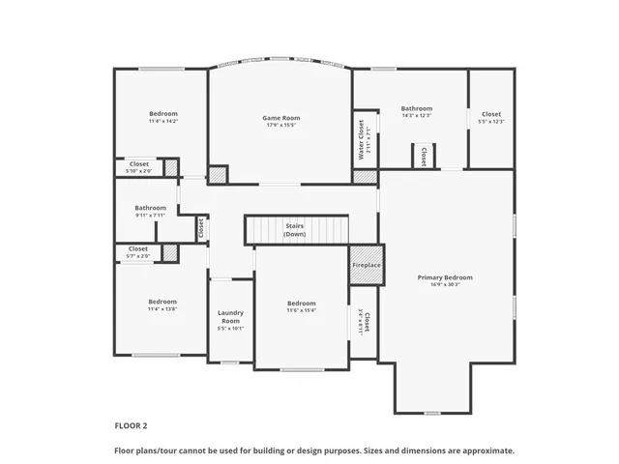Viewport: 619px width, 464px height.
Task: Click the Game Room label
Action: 279,118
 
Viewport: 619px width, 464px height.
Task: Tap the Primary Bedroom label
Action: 445,277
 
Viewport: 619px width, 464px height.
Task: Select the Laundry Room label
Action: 231,316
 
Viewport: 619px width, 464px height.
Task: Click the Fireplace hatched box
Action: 366,265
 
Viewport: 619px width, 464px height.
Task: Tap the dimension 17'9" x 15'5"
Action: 279,126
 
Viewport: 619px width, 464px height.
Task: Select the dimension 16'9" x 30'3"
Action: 445,285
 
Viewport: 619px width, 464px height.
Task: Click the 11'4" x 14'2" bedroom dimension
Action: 162,122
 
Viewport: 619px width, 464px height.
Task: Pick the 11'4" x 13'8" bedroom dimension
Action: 162,309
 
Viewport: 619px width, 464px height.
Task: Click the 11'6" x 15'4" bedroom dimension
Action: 301,310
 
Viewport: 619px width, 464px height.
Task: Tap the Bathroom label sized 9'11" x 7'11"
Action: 150,207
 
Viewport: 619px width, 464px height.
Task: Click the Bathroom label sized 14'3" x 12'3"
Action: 417,108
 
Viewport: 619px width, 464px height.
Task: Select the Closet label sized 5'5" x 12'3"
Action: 491,114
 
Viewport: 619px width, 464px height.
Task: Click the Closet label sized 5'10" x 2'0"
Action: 139,163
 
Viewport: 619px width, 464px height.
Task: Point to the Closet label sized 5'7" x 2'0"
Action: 139,248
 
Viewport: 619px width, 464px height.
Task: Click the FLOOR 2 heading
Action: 131,425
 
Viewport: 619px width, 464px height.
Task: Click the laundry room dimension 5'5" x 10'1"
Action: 231,329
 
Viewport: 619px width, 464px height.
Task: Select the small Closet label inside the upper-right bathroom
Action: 423,157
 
